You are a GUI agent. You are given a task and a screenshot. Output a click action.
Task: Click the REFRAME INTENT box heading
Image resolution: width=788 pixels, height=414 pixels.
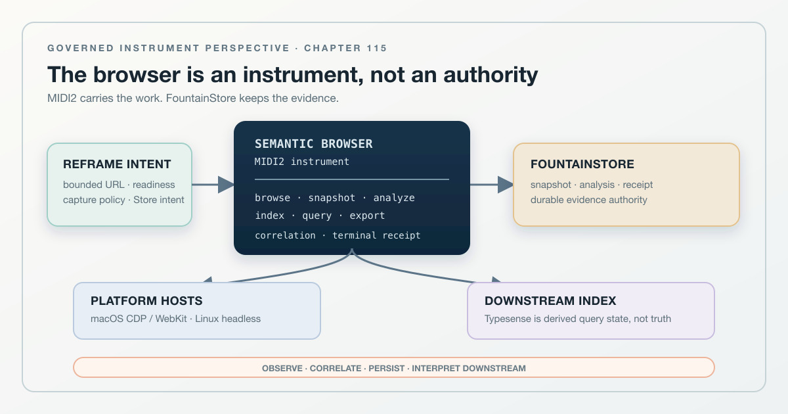[x=117, y=164]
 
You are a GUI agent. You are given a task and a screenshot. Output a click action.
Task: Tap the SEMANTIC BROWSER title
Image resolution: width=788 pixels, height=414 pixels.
[x=313, y=144]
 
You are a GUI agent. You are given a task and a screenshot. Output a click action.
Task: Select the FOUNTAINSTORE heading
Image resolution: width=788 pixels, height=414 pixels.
[x=582, y=164]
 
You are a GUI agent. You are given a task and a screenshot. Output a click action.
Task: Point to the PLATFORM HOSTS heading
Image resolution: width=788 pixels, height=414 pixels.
[x=146, y=301]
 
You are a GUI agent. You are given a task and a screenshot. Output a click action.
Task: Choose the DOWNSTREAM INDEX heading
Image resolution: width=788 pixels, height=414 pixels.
[x=550, y=301]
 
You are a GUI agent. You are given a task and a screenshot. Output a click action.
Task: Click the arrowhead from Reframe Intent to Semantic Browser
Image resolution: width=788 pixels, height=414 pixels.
[x=226, y=185]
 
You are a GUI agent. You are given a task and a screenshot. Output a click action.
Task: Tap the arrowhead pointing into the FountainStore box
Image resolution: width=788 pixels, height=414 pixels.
[x=506, y=185]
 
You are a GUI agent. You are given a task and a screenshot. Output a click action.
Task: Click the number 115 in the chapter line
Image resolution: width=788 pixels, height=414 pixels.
[x=377, y=48]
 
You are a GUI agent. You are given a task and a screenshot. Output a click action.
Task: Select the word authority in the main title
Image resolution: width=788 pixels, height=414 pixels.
[x=491, y=75]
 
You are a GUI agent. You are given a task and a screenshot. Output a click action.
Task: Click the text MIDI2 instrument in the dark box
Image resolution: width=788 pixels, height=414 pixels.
[x=302, y=162]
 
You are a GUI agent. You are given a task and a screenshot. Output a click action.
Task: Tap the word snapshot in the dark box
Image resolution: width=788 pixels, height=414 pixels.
[x=332, y=198]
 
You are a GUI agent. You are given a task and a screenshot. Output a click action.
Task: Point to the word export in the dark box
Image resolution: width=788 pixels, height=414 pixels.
[x=367, y=216]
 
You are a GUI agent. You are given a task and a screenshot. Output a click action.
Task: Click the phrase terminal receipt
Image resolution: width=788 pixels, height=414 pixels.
[x=376, y=235]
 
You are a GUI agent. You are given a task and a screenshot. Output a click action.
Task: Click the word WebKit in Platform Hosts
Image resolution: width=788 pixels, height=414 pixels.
[x=171, y=319]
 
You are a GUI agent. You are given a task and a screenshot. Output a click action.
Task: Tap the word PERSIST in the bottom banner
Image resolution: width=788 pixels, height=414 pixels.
[x=386, y=368]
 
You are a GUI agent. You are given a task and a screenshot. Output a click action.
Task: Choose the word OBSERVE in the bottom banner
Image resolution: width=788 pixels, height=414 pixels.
[x=282, y=368]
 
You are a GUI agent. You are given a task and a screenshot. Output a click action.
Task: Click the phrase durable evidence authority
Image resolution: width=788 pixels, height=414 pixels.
[x=588, y=200]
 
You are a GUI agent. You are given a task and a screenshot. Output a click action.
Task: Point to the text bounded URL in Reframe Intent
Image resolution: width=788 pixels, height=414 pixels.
[x=93, y=185]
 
